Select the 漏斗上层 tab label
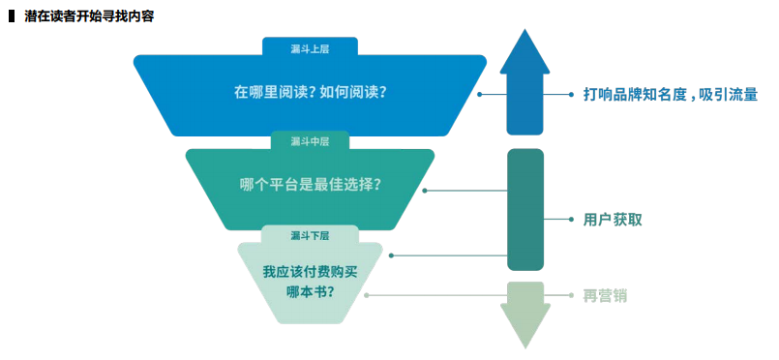(310, 46)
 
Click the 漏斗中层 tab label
(310, 141)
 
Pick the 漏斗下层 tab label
(310, 235)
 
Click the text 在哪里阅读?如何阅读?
(310, 93)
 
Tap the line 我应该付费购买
(310, 270)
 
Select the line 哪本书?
(310, 290)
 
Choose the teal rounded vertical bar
(524, 209)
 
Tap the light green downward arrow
(524, 313)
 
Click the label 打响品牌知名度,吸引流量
(670, 95)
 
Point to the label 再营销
(606, 295)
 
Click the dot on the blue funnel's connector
(479, 95)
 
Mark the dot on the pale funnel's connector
(366, 295)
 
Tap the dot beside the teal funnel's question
(425, 191)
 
